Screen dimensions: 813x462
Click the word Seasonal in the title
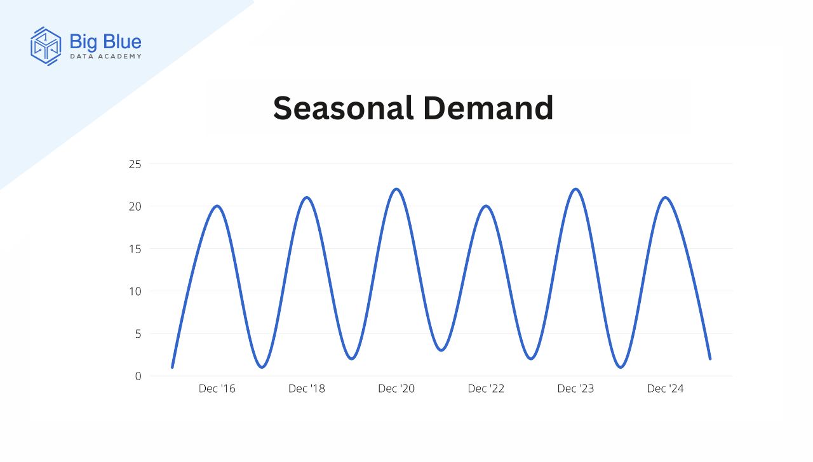click(x=344, y=108)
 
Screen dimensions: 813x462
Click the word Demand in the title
click(x=488, y=108)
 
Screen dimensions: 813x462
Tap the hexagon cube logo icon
click(x=46, y=46)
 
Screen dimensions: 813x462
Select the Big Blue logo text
click(x=105, y=42)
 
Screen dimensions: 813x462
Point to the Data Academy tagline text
click(x=105, y=56)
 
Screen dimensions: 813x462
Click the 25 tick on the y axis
click(x=135, y=164)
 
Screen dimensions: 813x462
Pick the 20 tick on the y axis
click(x=135, y=207)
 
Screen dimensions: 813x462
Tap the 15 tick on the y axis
click(x=135, y=249)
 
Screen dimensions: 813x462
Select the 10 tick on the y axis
click(x=135, y=291)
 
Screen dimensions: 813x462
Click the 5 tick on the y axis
click(x=138, y=334)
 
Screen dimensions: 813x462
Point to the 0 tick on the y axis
click(x=138, y=376)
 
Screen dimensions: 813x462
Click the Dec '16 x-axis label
click(x=217, y=389)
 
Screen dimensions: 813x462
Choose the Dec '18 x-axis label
click(x=307, y=389)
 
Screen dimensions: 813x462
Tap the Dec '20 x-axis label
click(x=396, y=389)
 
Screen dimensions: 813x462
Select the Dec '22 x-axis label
click(x=486, y=389)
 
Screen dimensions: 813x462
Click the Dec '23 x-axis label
click(x=575, y=389)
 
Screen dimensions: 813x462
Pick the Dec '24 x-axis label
click(x=665, y=389)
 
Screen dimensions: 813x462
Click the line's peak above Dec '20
click(x=396, y=189)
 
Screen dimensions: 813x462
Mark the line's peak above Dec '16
click(x=217, y=206)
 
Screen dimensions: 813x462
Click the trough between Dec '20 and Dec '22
click(x=441, y=350)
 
